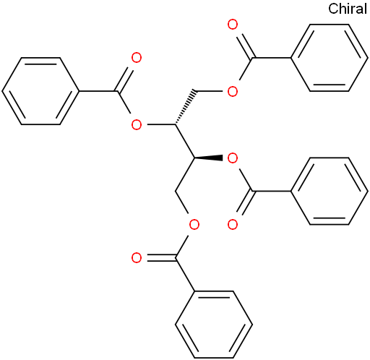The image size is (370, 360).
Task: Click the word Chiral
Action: click(348, 9)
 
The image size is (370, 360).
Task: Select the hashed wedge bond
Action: click(185, 108)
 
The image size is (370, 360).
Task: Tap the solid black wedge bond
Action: click(209, 158)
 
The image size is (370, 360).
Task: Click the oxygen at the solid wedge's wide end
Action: click(233, 158)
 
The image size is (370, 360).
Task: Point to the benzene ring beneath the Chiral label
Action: click(329, 58)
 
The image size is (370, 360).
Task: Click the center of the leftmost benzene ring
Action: click(40, 91)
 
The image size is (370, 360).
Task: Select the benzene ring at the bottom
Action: click(214, 325)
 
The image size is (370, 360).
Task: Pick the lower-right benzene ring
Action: click(329, 192)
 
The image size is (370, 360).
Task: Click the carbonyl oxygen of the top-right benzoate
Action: click(233, 25)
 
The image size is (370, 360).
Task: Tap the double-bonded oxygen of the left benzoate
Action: click(137, 58)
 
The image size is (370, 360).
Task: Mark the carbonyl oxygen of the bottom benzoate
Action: click(137, 258)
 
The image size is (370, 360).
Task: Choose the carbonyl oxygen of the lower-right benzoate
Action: click(233, 225)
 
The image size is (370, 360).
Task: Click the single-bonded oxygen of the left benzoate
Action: click(137, 125)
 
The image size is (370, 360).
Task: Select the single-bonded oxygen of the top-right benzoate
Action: click(233, 91)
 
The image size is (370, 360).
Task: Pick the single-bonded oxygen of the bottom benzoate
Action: click(194, 225)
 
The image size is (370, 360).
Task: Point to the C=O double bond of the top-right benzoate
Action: click(245, 46)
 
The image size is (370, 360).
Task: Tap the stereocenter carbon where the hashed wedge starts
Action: click(175, 124)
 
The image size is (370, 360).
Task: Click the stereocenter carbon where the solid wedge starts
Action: click(194, 158)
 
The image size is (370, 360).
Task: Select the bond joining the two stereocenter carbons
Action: click(185, 142)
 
